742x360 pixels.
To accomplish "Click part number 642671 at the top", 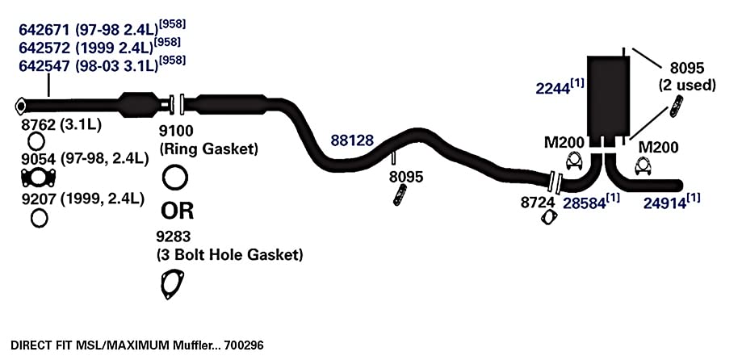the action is [44, 30].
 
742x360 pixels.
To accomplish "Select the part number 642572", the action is [44, 48].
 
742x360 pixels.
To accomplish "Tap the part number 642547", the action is [44, 65].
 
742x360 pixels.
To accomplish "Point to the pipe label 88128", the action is [351, 140].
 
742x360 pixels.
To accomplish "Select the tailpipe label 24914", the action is [664, 203].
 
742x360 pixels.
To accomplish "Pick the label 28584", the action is [584, 203].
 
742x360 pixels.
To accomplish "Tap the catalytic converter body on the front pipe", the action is [140, 105].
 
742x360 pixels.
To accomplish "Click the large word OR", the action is [178, 211].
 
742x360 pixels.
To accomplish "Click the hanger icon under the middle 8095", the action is [400, 195].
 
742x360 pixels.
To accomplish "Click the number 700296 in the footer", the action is [244, 345].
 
